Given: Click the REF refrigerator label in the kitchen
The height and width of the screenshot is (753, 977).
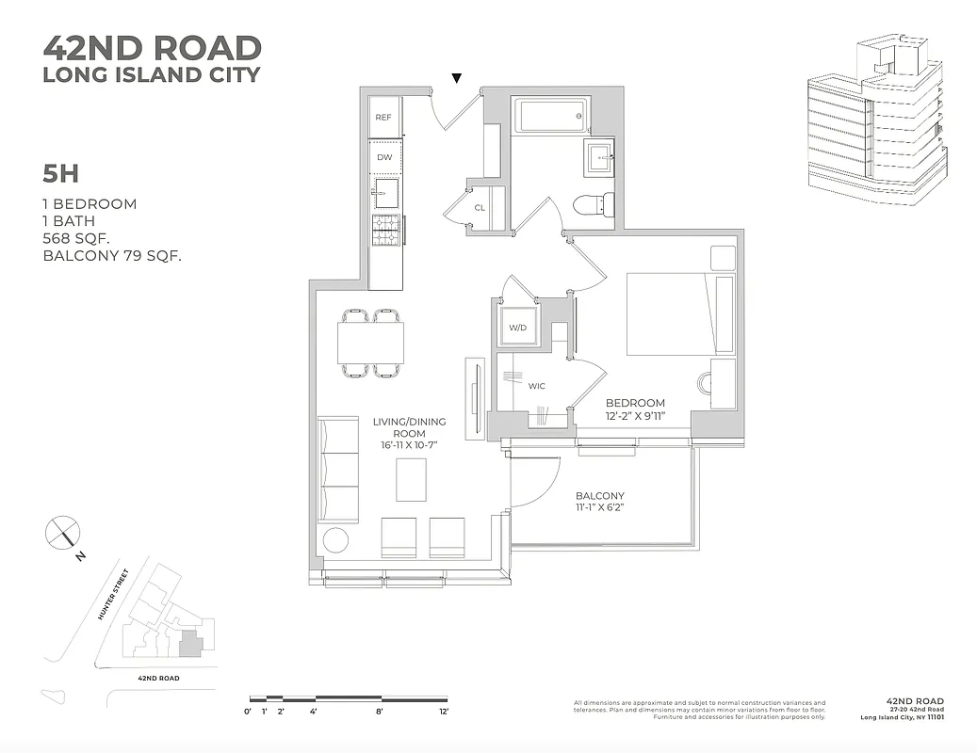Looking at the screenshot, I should coord(383,118).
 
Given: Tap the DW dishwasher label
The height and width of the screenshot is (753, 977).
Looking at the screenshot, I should coord(384,157).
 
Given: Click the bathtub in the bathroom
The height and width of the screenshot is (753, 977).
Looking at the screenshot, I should coord(551,119).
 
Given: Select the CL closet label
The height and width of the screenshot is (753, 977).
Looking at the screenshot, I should coord(480,208).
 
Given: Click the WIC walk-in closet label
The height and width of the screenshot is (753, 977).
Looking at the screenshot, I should coord(537,386).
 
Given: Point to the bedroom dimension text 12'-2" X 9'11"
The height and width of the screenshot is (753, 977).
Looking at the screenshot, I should coord(635,415).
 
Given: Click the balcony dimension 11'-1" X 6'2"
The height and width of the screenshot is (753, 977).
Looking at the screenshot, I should coord(599,508).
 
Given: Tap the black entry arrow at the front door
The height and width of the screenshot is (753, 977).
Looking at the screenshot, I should coord(457,78).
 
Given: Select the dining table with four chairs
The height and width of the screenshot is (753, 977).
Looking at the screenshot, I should coord(371,343).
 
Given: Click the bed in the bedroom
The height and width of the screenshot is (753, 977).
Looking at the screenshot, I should coord(679,313).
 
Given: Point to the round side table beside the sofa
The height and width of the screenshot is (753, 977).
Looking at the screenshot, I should coord(335,541).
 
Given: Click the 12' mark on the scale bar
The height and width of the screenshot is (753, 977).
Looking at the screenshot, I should coord(443,712).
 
